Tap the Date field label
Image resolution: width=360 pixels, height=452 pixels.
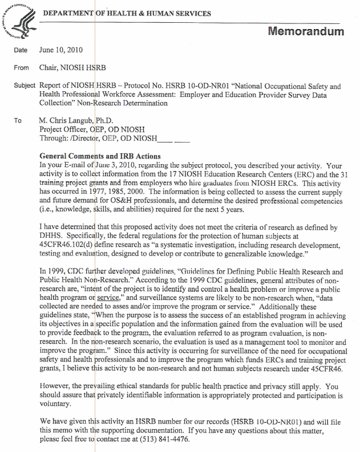tap(21, 50)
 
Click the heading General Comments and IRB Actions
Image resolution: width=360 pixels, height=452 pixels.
tap(100, 156)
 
